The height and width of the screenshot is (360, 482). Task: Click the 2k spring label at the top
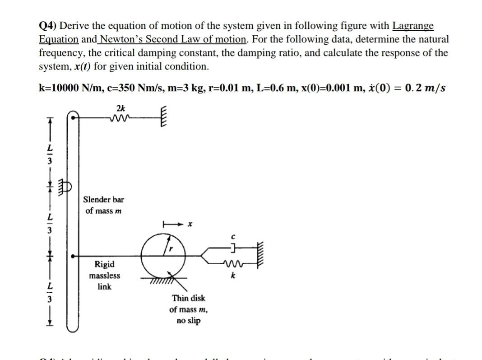click(120, 108)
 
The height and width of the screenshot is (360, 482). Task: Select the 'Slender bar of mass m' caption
click(103, 205)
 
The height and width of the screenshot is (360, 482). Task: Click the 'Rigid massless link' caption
click(104, 275)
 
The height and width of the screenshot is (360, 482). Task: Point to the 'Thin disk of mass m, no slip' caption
click(188, 309)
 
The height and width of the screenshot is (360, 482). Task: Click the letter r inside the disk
click(171, 248)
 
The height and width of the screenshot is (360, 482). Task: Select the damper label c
click(232, 236)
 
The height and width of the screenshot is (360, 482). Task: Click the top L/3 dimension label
click(51, 153)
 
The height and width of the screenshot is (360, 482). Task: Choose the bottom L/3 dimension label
click(51, 293)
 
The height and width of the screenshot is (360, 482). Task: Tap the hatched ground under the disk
click(157, 281)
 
